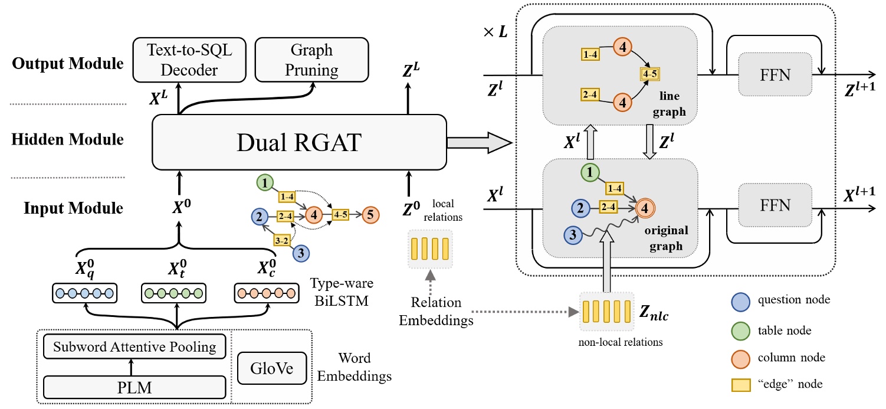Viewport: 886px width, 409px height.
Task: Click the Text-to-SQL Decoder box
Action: (x=189, y=60)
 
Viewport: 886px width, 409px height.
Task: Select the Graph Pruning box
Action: (x=311, y=60)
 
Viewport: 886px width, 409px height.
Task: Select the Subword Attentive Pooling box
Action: (x=134, y=347)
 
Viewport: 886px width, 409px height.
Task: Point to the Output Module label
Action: (x=68, y=63)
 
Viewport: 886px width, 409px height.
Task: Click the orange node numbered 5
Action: (x=370, y=215)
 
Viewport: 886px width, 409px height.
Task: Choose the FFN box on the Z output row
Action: (x=775, y=75)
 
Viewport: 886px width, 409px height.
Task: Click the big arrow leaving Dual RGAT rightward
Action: (x=478, y=142)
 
